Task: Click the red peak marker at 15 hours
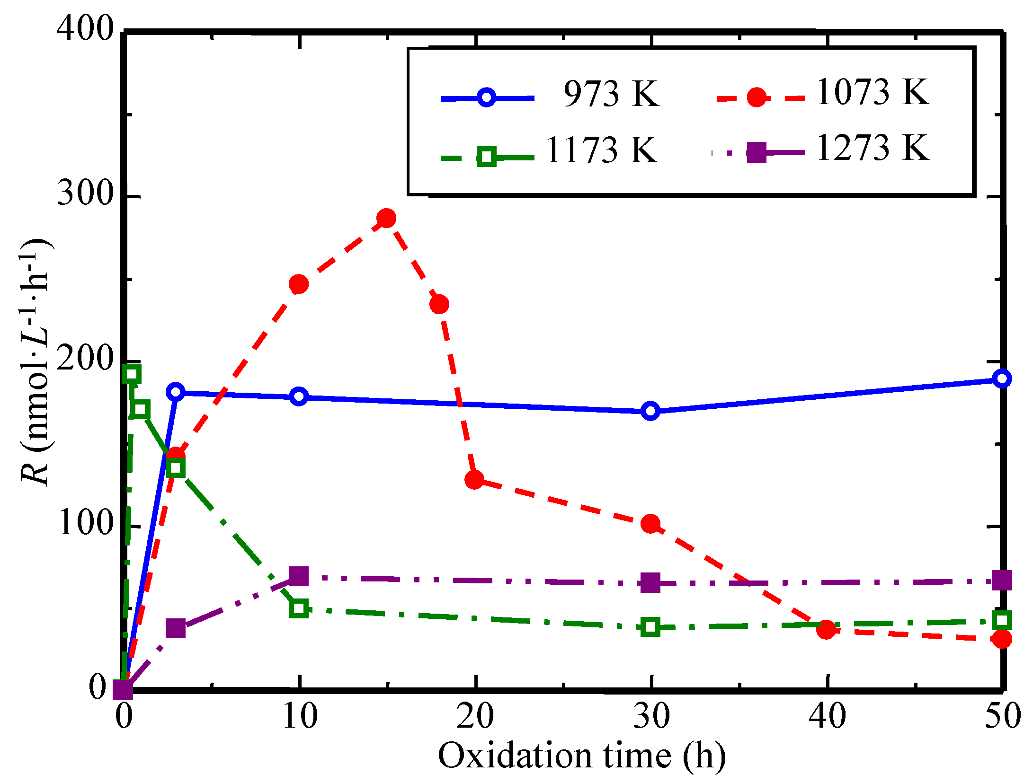point(387,218)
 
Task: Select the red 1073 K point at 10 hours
point(299,284)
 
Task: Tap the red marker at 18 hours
point(439,304)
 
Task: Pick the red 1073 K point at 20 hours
point(474,480)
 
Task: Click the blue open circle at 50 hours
point(1002,378)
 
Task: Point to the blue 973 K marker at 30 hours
point(650,411)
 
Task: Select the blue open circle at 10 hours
point(299,396)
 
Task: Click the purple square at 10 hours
point(299,576)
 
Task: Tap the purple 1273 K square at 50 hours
point(1002,581)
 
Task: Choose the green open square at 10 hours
point(299,608)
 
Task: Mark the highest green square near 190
point(131,374)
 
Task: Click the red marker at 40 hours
point(826,630)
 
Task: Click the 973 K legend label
point(611,94)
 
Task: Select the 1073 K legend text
point(873,92)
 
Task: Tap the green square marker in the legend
point(487,157)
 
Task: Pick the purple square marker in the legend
point(756,152)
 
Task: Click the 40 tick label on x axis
point(827,716)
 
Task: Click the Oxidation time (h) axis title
point(581,756)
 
